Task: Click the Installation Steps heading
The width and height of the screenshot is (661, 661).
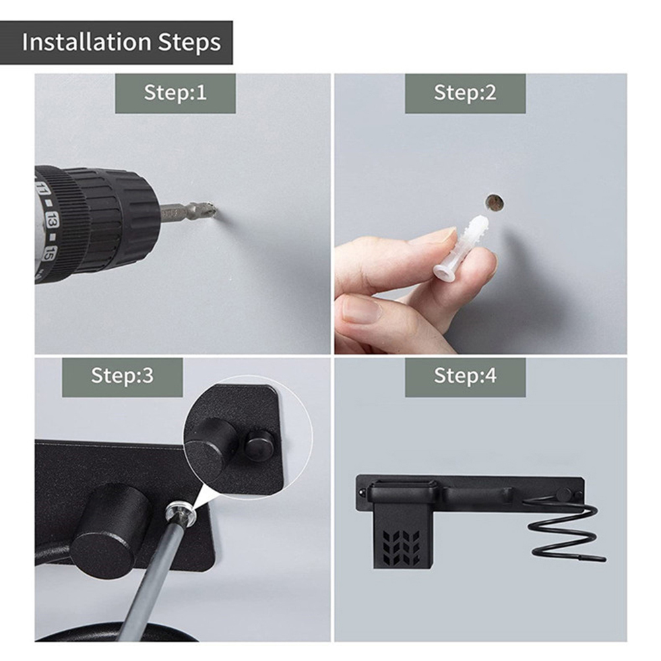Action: click(121, 42)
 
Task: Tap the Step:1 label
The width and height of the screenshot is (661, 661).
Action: click(175, 93)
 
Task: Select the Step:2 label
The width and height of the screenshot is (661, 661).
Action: click(465, 93)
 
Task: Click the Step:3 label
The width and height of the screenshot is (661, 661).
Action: click(122, 375)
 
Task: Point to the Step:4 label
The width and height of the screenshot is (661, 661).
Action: click(465, 375)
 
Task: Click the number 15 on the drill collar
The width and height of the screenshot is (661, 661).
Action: click(49, 253)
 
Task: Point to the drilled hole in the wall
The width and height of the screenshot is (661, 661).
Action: click(495, 203)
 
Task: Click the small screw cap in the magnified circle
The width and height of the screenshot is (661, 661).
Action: click(259, 443)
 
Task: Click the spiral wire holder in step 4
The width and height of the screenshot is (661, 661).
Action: click(563, 527)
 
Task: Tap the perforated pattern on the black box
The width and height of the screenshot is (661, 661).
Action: click(401, 548)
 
